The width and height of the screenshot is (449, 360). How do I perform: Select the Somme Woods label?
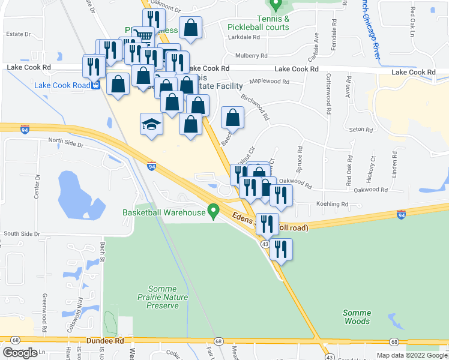pyautogui.click(x=357, y=317)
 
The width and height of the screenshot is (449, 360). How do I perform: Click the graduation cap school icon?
pyautogui.click(x=152, y=125)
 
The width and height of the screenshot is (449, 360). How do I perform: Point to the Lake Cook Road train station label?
pyautogui.click(x=62, y=85)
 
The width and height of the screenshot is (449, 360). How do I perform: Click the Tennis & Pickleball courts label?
pyautogui.click(x=259, y=23)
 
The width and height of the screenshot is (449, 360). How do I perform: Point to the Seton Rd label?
pyautogui.click(x=361, y=130)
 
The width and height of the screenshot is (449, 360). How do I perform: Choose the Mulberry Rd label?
pyautogui.click(x=251, y=55)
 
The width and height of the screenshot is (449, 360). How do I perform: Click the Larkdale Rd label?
pyautogui.click(x=244, y=37)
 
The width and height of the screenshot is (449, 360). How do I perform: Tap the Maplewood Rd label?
pyautogui.click(x=269, y=82)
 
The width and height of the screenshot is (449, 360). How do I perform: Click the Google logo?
pyautogui.click(x=20, y=353)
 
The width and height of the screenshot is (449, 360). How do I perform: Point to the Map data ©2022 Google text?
pyautogui.click(x=412, y=355)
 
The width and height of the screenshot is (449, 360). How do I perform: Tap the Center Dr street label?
pyautogui.click(x=37, y=187)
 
